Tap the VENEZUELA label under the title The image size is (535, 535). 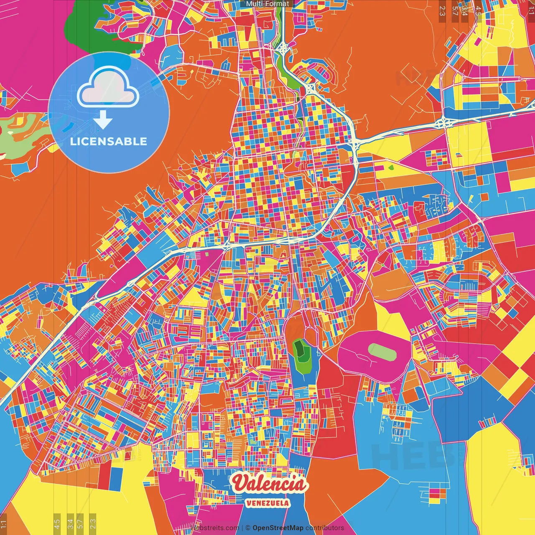[x=267, y=503]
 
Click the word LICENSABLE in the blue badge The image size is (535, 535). [x=109, y=141]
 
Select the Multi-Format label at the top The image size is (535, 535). [x=267, y=4]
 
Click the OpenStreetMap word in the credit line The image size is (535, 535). [x=278, y=528]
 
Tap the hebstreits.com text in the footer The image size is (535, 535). [x=215, y=528]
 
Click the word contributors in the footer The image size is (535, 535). [x=325, y=528]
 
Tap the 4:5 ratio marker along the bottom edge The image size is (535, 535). [x=57, y=523]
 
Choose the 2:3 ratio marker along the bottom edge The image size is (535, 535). [x=93, y=523]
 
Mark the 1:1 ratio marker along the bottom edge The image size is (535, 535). [x=3, y=523]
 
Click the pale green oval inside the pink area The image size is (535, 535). [x=382, y=352]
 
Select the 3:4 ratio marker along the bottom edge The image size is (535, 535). [x=70, y=523]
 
